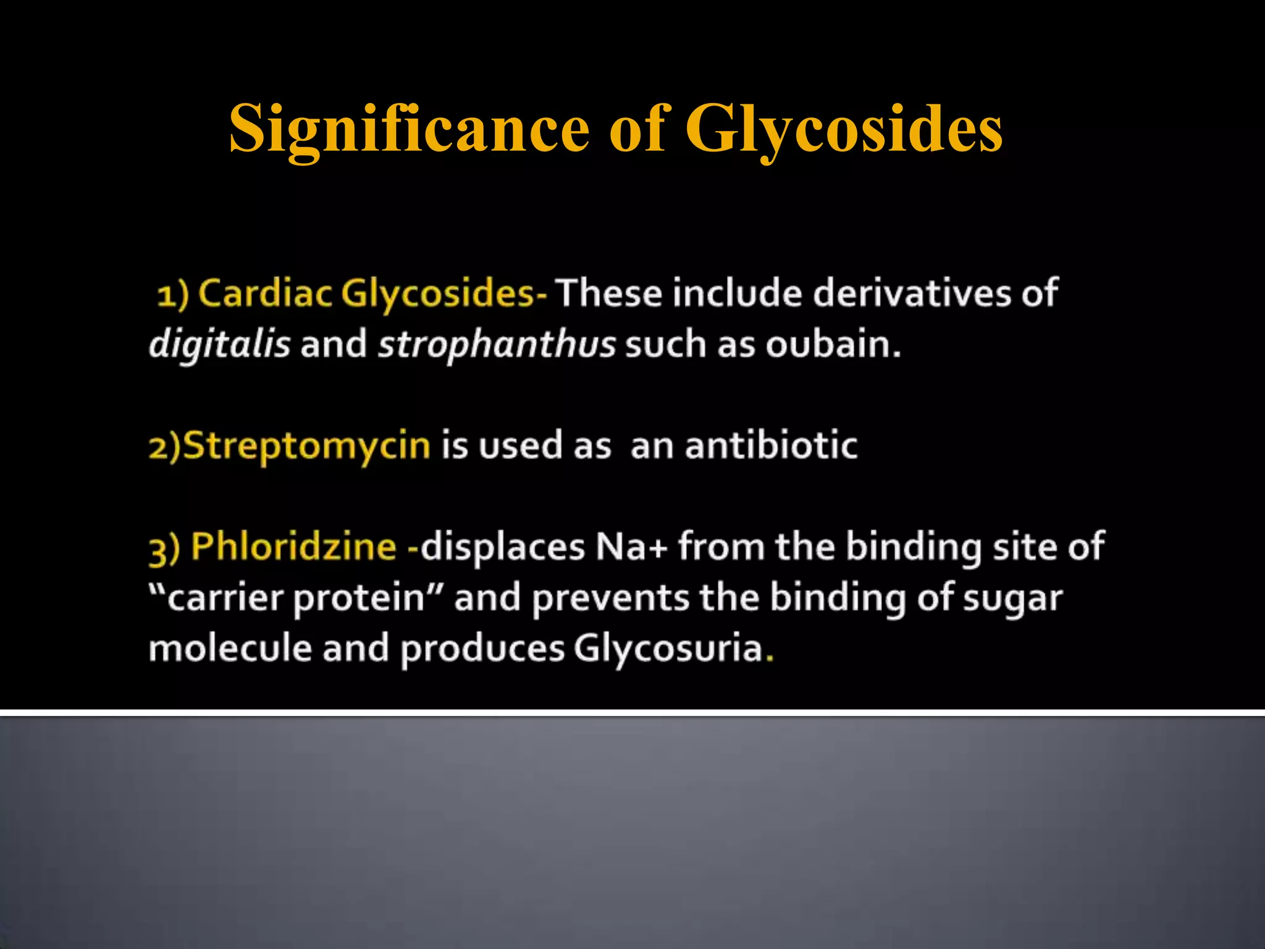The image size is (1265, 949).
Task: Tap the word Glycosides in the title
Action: click(844, 129)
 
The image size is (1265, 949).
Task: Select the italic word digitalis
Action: click(219, 344)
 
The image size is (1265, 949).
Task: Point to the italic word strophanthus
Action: click(497, 344)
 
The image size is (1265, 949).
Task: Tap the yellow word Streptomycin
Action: click(307, 445)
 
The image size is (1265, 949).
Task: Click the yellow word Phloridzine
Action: click(293, 547)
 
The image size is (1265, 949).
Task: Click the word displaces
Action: click(502, 547)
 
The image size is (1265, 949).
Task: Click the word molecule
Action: click(230, 649)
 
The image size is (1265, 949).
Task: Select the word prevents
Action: click(610, 598)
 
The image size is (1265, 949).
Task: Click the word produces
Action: click(482, 649)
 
